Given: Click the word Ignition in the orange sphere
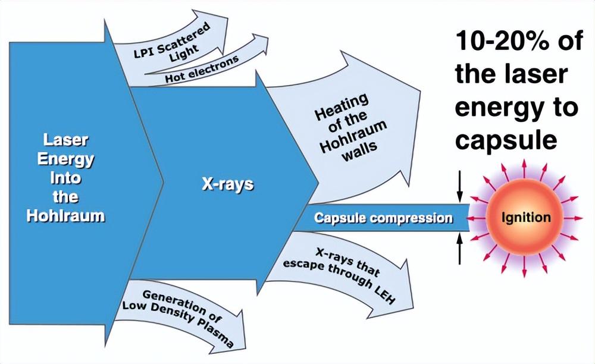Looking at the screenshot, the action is click(525, 218).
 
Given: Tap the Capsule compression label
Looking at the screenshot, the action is click(383, 218).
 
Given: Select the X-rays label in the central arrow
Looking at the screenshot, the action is click(227, 184).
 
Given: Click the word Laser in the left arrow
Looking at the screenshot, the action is click(65, 140).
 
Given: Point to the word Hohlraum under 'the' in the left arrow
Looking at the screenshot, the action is click(65, 215).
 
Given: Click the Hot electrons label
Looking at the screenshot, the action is click(202, 69).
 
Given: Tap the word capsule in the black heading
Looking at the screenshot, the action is click(506, 140).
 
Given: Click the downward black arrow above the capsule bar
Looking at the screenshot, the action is click(459, 186).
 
